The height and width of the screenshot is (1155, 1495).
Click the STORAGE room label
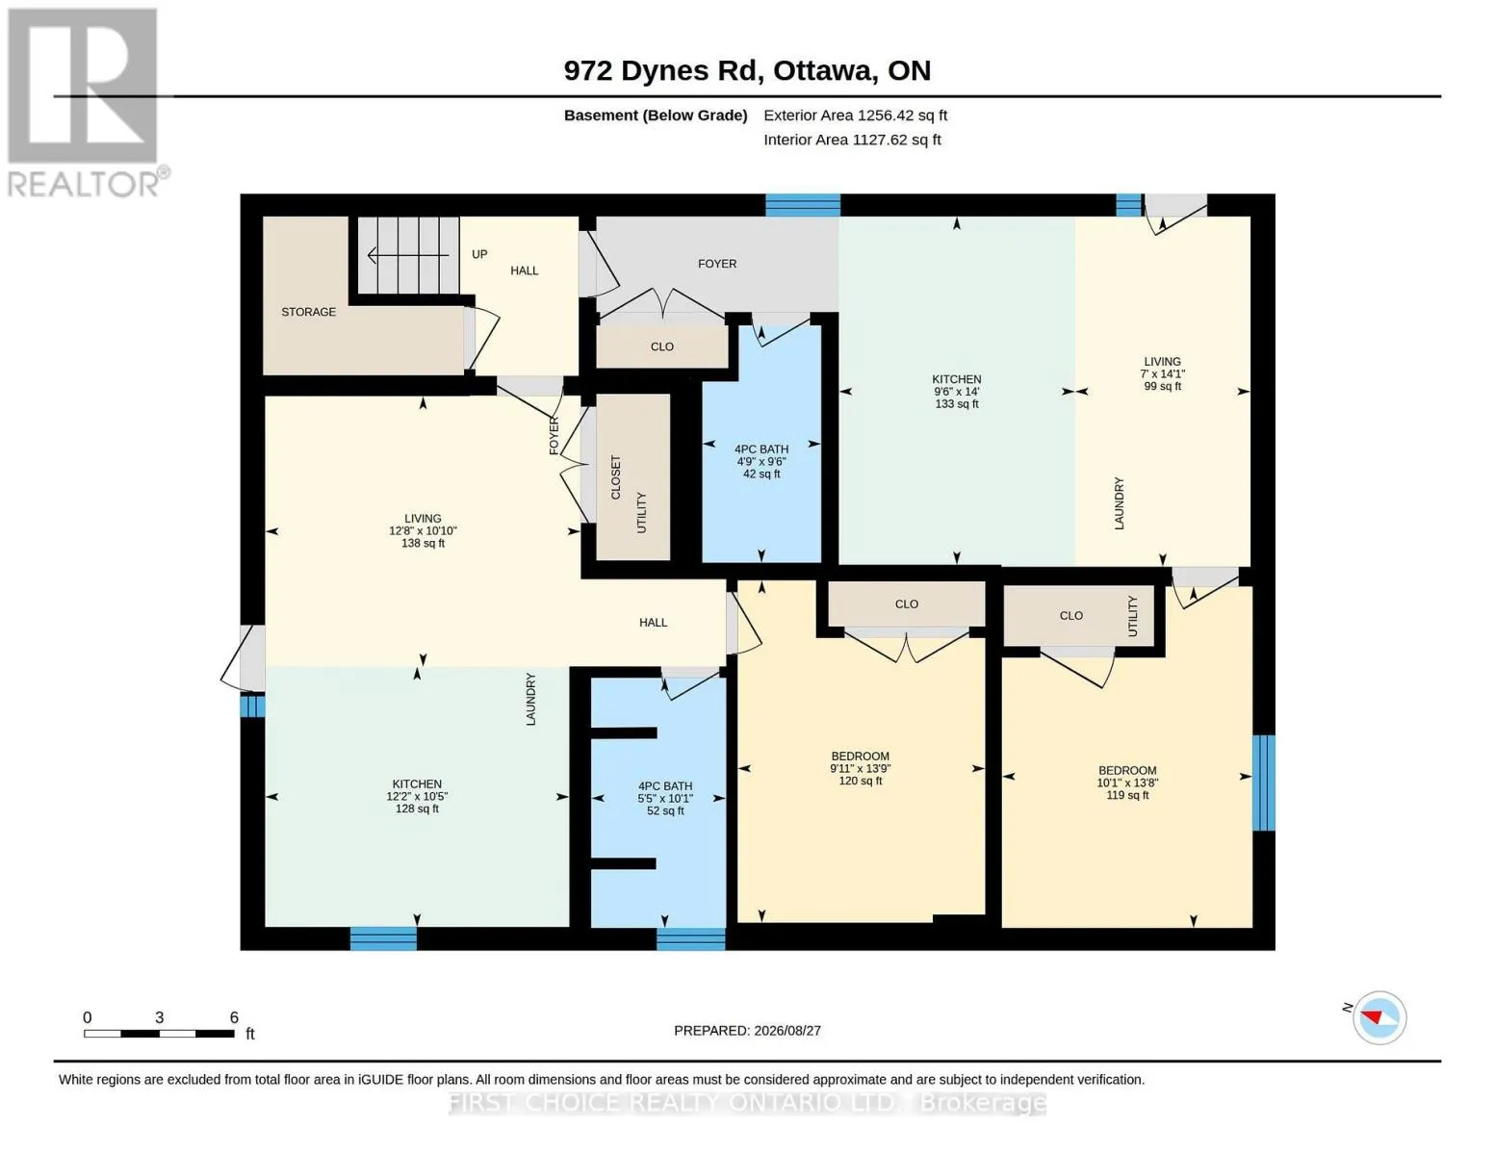[x=308, y=312]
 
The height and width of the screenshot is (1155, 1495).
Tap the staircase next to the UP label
[x=409, y=255]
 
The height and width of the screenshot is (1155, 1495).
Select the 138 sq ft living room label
[x=423, y=530]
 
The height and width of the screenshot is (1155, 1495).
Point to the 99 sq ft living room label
[x=1162, y=373]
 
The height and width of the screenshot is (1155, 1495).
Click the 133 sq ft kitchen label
[x=956, y=392]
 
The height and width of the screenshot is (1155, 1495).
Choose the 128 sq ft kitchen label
[x=417, y=796]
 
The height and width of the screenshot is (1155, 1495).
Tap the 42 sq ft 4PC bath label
[x=761, y=461]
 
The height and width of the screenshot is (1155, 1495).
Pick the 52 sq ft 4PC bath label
[x=665, y=798]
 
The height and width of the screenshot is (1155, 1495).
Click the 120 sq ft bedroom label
[x=860, y=768]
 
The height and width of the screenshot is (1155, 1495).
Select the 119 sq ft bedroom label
[x=1127, y=783]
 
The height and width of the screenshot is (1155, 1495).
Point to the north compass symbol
[x=1379, y=1017]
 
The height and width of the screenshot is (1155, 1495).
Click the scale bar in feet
[x=160, y=1033]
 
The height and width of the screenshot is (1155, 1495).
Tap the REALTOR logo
[x=86, y=102]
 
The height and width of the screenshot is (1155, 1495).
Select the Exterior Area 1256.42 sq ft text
[x=855, y=115]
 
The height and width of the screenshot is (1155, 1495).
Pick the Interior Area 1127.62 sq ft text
[x=852, y=140]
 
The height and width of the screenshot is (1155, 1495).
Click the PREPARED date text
[x=747, y=1031]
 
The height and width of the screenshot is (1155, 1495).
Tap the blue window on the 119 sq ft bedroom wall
[x=1263, y=783]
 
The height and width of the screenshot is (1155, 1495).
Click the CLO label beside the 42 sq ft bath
[x=662, y=346]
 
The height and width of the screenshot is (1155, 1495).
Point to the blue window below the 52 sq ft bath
[x=691, y=938]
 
